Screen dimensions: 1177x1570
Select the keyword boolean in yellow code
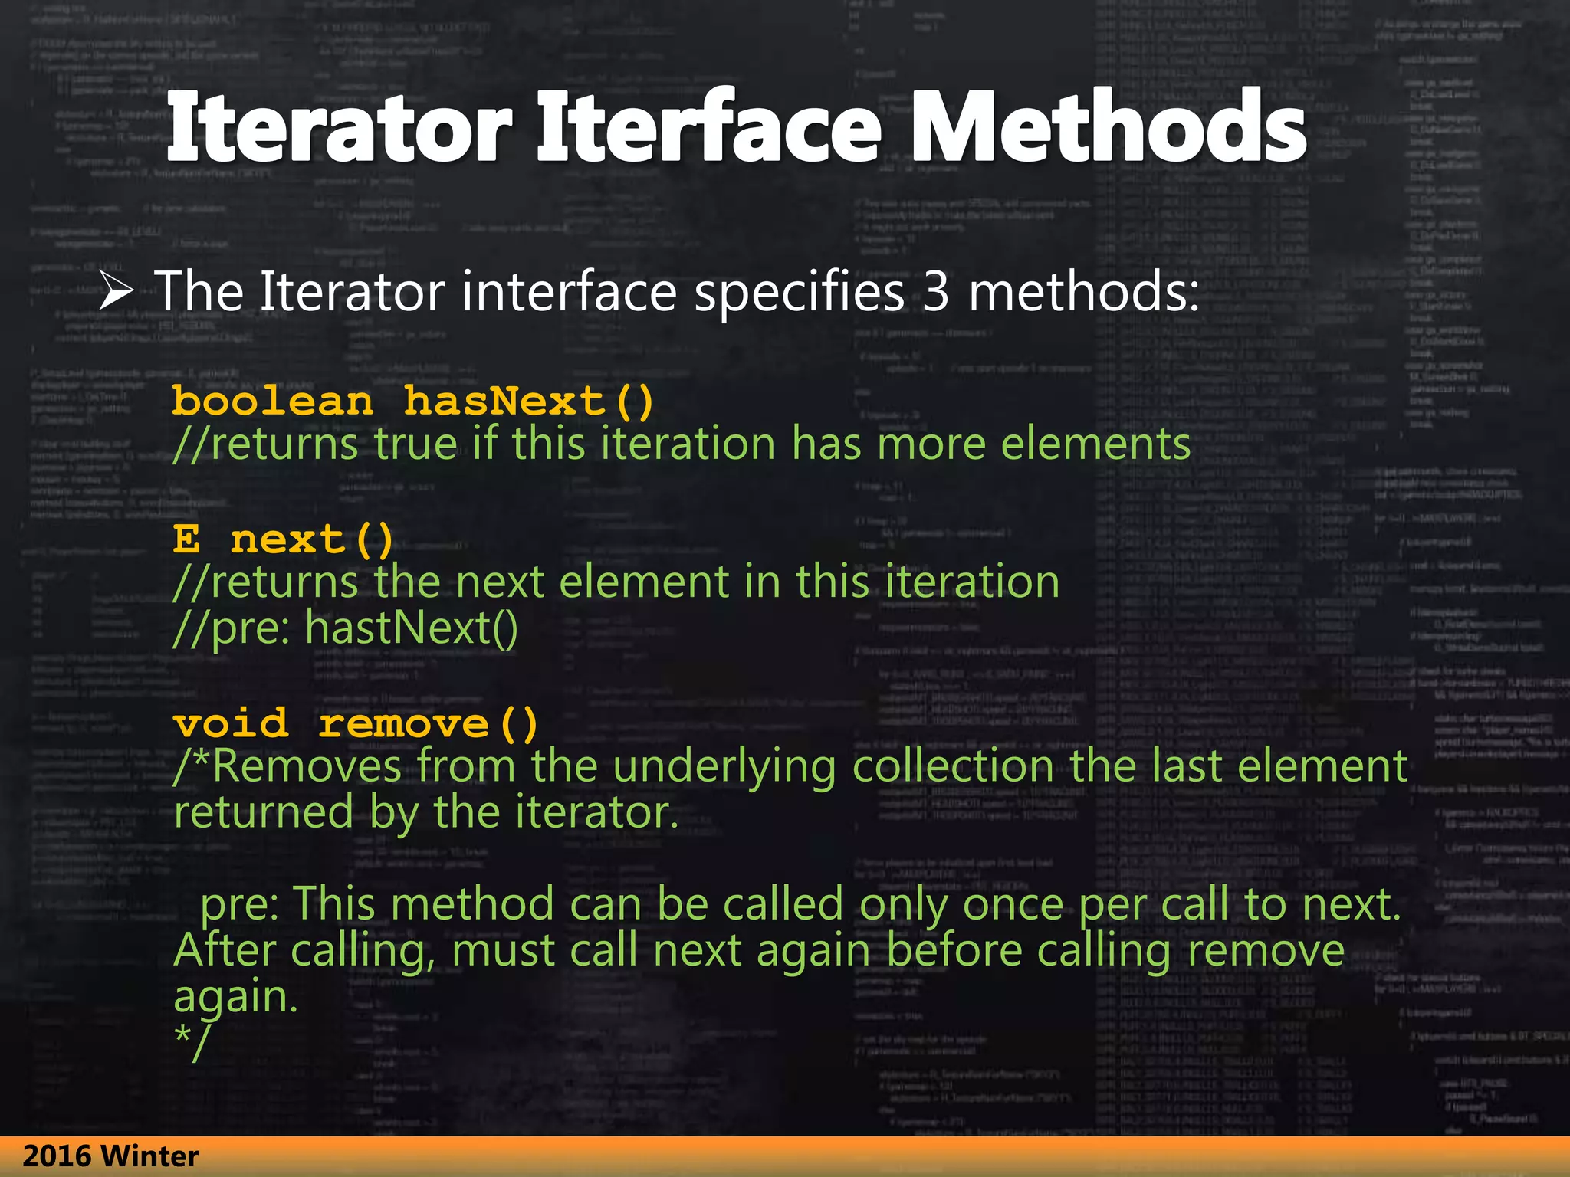coord(273,402)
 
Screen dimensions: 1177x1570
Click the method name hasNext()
coord(529,402)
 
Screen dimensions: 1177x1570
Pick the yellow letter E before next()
coord(186,539)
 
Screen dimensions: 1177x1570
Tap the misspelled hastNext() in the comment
coord(412,628)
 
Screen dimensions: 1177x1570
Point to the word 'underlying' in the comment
coord(724,767)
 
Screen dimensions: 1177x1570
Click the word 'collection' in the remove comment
coord(953,766)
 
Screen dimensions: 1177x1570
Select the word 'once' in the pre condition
coord(1013,904)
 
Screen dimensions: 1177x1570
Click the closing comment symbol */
coord(191,1042)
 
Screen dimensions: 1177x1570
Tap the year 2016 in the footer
coord(57,1156)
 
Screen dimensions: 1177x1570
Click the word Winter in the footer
coord(149,1156)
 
